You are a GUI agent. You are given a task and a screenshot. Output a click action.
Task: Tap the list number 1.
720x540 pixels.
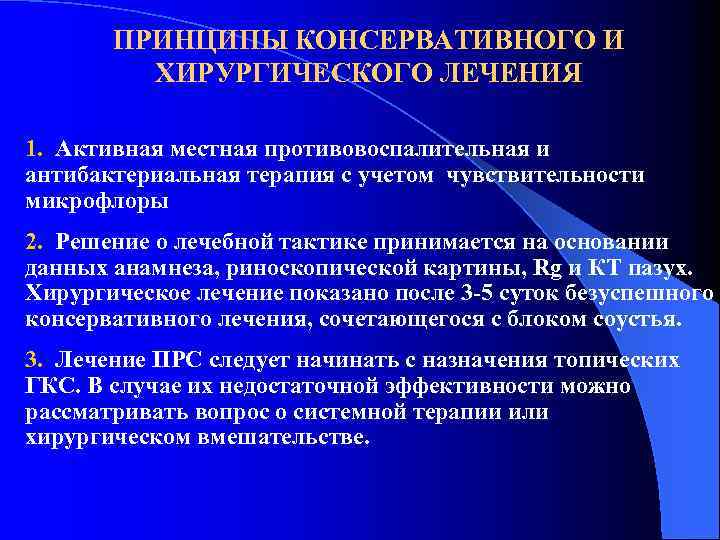tap(33, 150)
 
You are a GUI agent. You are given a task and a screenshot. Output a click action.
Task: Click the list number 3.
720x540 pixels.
tap(33, 359)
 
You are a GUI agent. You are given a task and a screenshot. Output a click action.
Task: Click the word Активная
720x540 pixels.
tap(107, 150)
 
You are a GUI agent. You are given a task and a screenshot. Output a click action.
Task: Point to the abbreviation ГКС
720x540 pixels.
tap(54, 386)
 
